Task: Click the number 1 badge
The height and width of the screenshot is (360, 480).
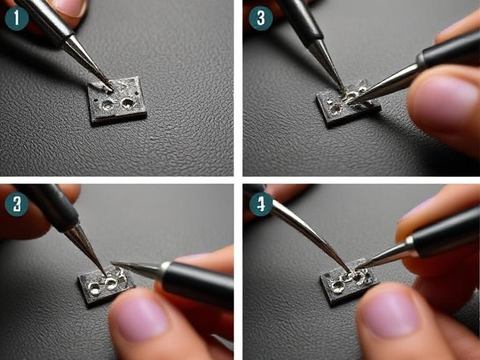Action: click(16, 18)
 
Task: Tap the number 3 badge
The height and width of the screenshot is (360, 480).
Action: click(260, 18)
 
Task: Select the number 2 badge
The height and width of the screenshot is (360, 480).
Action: click(16, 204)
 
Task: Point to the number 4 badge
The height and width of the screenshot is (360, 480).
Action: click(260, 204)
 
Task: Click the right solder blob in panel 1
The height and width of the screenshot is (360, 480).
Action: click(127, 102)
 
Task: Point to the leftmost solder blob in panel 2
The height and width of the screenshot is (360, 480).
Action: click(95, 289)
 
